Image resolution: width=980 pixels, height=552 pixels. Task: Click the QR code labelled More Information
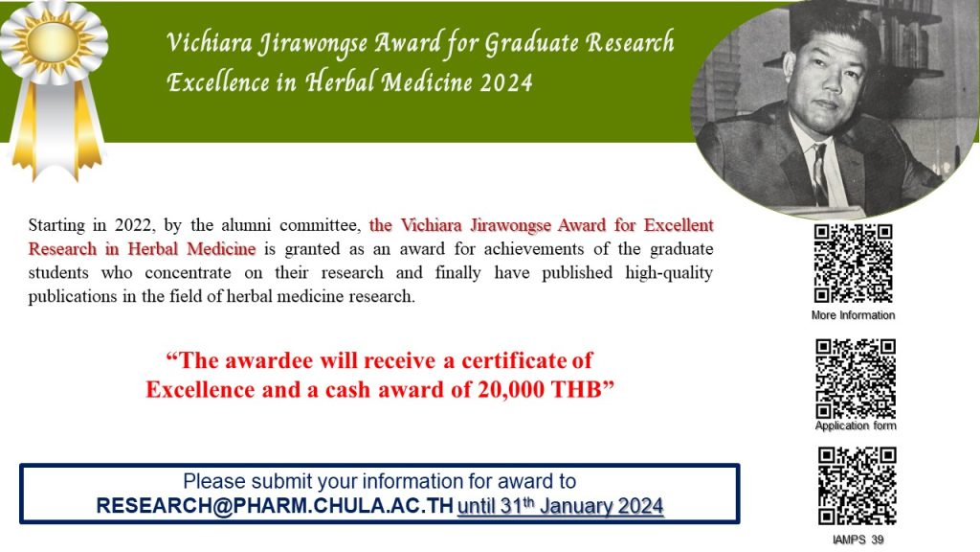(853, 264)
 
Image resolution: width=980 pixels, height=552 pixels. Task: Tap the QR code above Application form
(856, 379)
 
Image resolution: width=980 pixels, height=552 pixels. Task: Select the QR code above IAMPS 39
(857, 486)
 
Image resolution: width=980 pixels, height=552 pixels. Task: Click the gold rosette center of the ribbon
(54, 42)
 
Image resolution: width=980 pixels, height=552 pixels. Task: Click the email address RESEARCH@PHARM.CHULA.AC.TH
(275, 506)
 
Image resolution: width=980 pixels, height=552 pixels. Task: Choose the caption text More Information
(853, 314)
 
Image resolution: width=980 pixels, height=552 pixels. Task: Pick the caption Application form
(856, 425)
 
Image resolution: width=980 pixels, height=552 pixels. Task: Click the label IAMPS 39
(858, 540)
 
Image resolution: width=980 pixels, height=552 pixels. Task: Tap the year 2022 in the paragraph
(134, 225)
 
